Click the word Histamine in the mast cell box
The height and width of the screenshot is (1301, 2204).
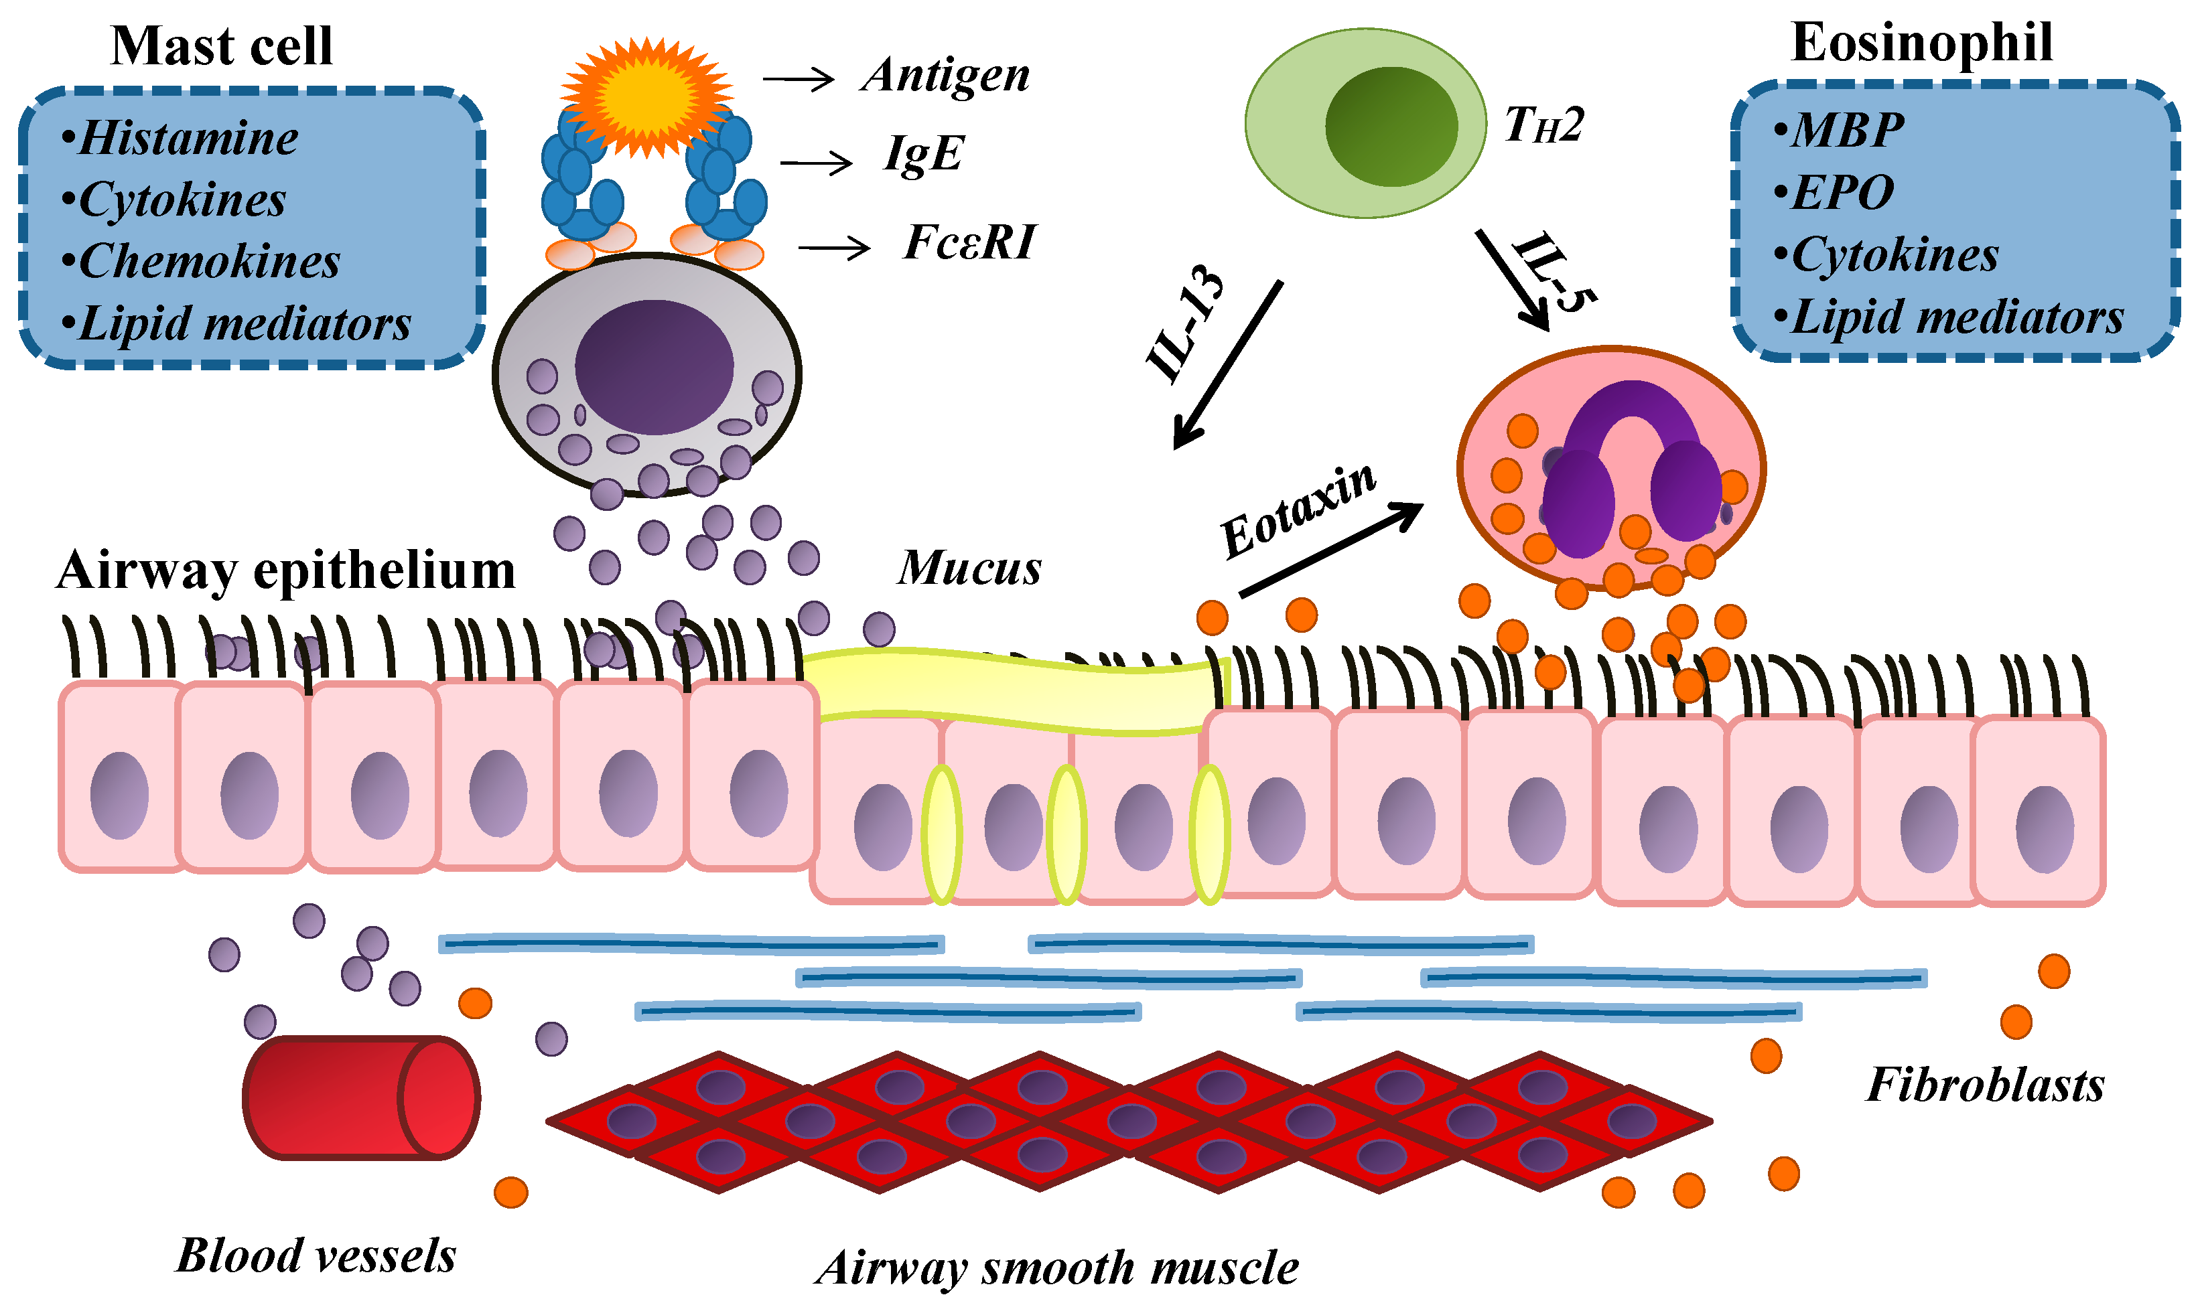pyautogui.click(x=188, y=139)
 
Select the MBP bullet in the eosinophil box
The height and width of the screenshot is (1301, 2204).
pyautogui.click(x=1846, y=131)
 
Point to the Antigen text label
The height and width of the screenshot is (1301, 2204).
pyautogui.click(x=945, y=76)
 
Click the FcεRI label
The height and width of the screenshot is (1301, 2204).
pyautogui.click(x=969, y=243)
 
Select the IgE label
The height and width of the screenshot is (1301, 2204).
pyautogui.click(x=924, y=155)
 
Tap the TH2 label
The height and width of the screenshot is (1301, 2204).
pyautogui.click(x=1543, y=125)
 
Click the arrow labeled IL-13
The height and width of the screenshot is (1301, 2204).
pyautogui.click(x=1228, y=364)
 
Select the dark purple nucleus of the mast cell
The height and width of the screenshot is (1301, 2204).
pyautogui.click(x=653, y=366)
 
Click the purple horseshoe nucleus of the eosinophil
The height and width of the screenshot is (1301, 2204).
pyautogui.click(x=1631, y=465)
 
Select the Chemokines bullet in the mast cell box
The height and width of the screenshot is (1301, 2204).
pyautogui.click(x=209, y=262)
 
